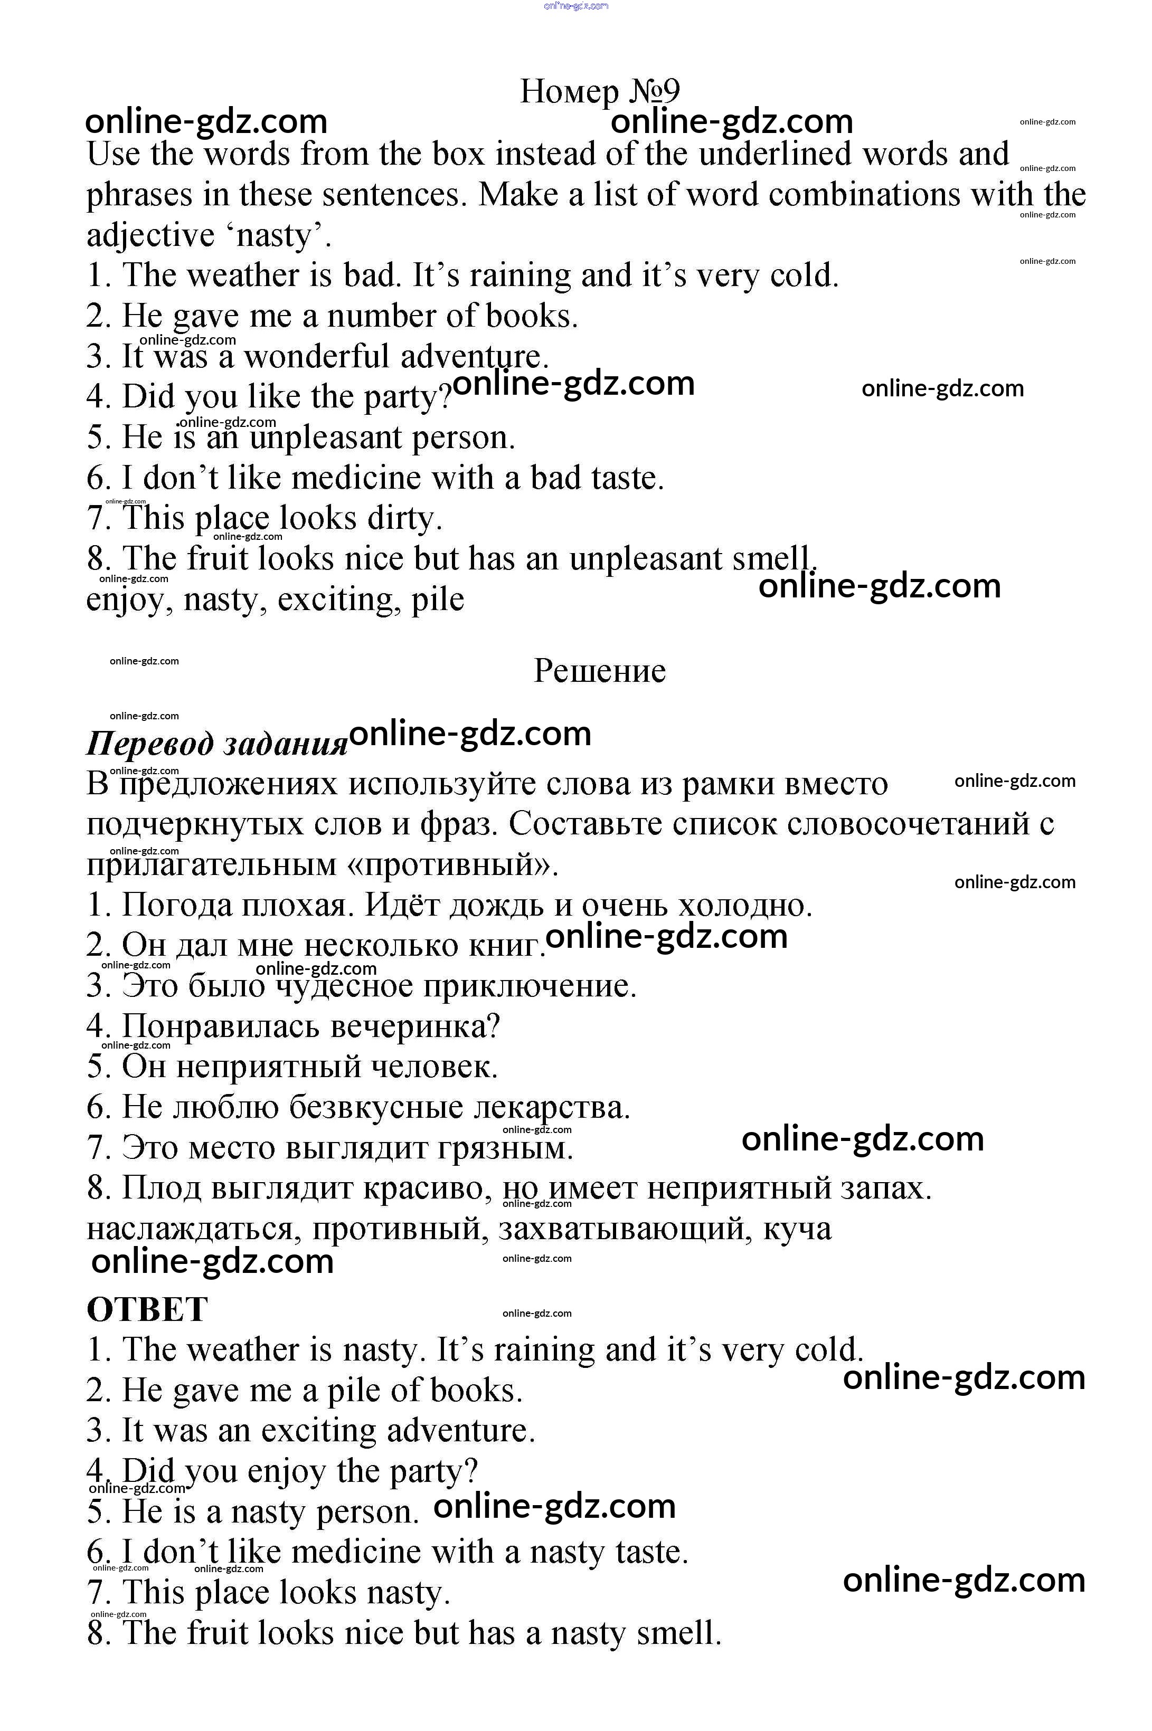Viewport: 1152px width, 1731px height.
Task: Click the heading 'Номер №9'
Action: (x=600, y=91)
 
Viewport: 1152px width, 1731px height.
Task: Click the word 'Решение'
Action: (x=600, y=671)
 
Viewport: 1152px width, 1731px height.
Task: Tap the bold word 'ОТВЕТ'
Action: (x=147, y=1309)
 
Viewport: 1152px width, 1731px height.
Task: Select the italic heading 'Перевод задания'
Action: (x=217, y=743)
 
